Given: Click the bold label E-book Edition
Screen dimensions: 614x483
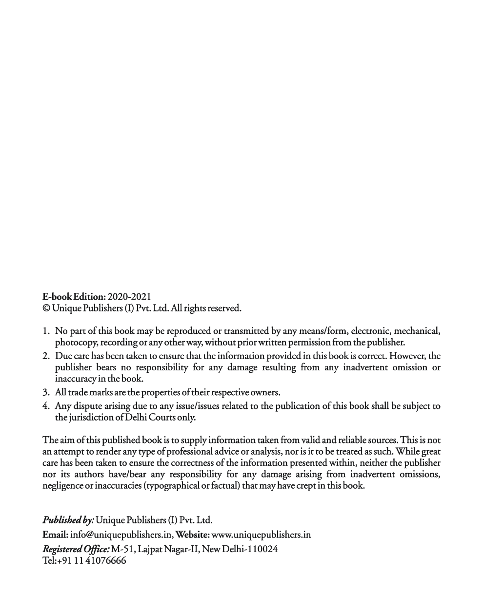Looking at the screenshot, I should (x=74, y=296).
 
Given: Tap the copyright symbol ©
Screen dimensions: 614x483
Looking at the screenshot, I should (x=46, y=308).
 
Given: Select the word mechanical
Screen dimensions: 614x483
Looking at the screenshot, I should (x=417, y=331).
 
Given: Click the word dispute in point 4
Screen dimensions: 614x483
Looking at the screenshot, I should (x=90, y=406).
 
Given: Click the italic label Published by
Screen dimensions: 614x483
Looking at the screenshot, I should (x=68, y=520).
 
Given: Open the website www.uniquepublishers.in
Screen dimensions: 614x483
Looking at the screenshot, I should (x=262, y=535).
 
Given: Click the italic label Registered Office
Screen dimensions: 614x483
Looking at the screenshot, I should (x=76, y=549).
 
